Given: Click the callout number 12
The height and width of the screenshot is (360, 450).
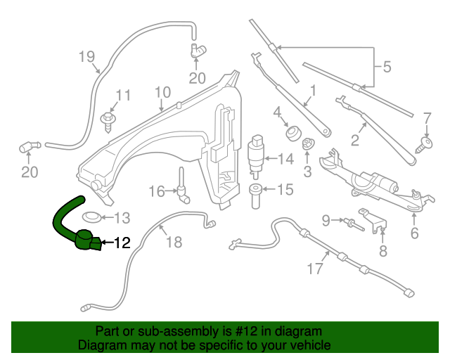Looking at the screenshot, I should pyautogui.click(x=122, y=244).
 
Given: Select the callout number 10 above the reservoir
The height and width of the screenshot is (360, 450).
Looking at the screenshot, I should pyautogui.click(x=162, y=91).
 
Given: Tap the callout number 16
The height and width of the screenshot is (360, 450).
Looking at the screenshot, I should pyautogui.click(x=156, y=191).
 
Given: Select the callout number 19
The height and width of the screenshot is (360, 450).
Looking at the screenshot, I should pyautogui.click(x=86, y=56).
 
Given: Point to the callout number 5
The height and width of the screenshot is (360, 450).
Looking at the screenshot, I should pyautogui.click(x=386, y=68).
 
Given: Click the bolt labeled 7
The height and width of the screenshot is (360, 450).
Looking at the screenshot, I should pyautogui.click(x=425, y=144).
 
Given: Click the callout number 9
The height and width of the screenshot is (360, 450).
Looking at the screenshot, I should pyautogui.click(x=326, y=221).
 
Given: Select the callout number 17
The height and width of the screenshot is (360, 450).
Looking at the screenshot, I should pyautogui.click(x=315, y=267).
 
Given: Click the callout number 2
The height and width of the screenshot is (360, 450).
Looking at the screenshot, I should pyautogui.click(x=355, y=140).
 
